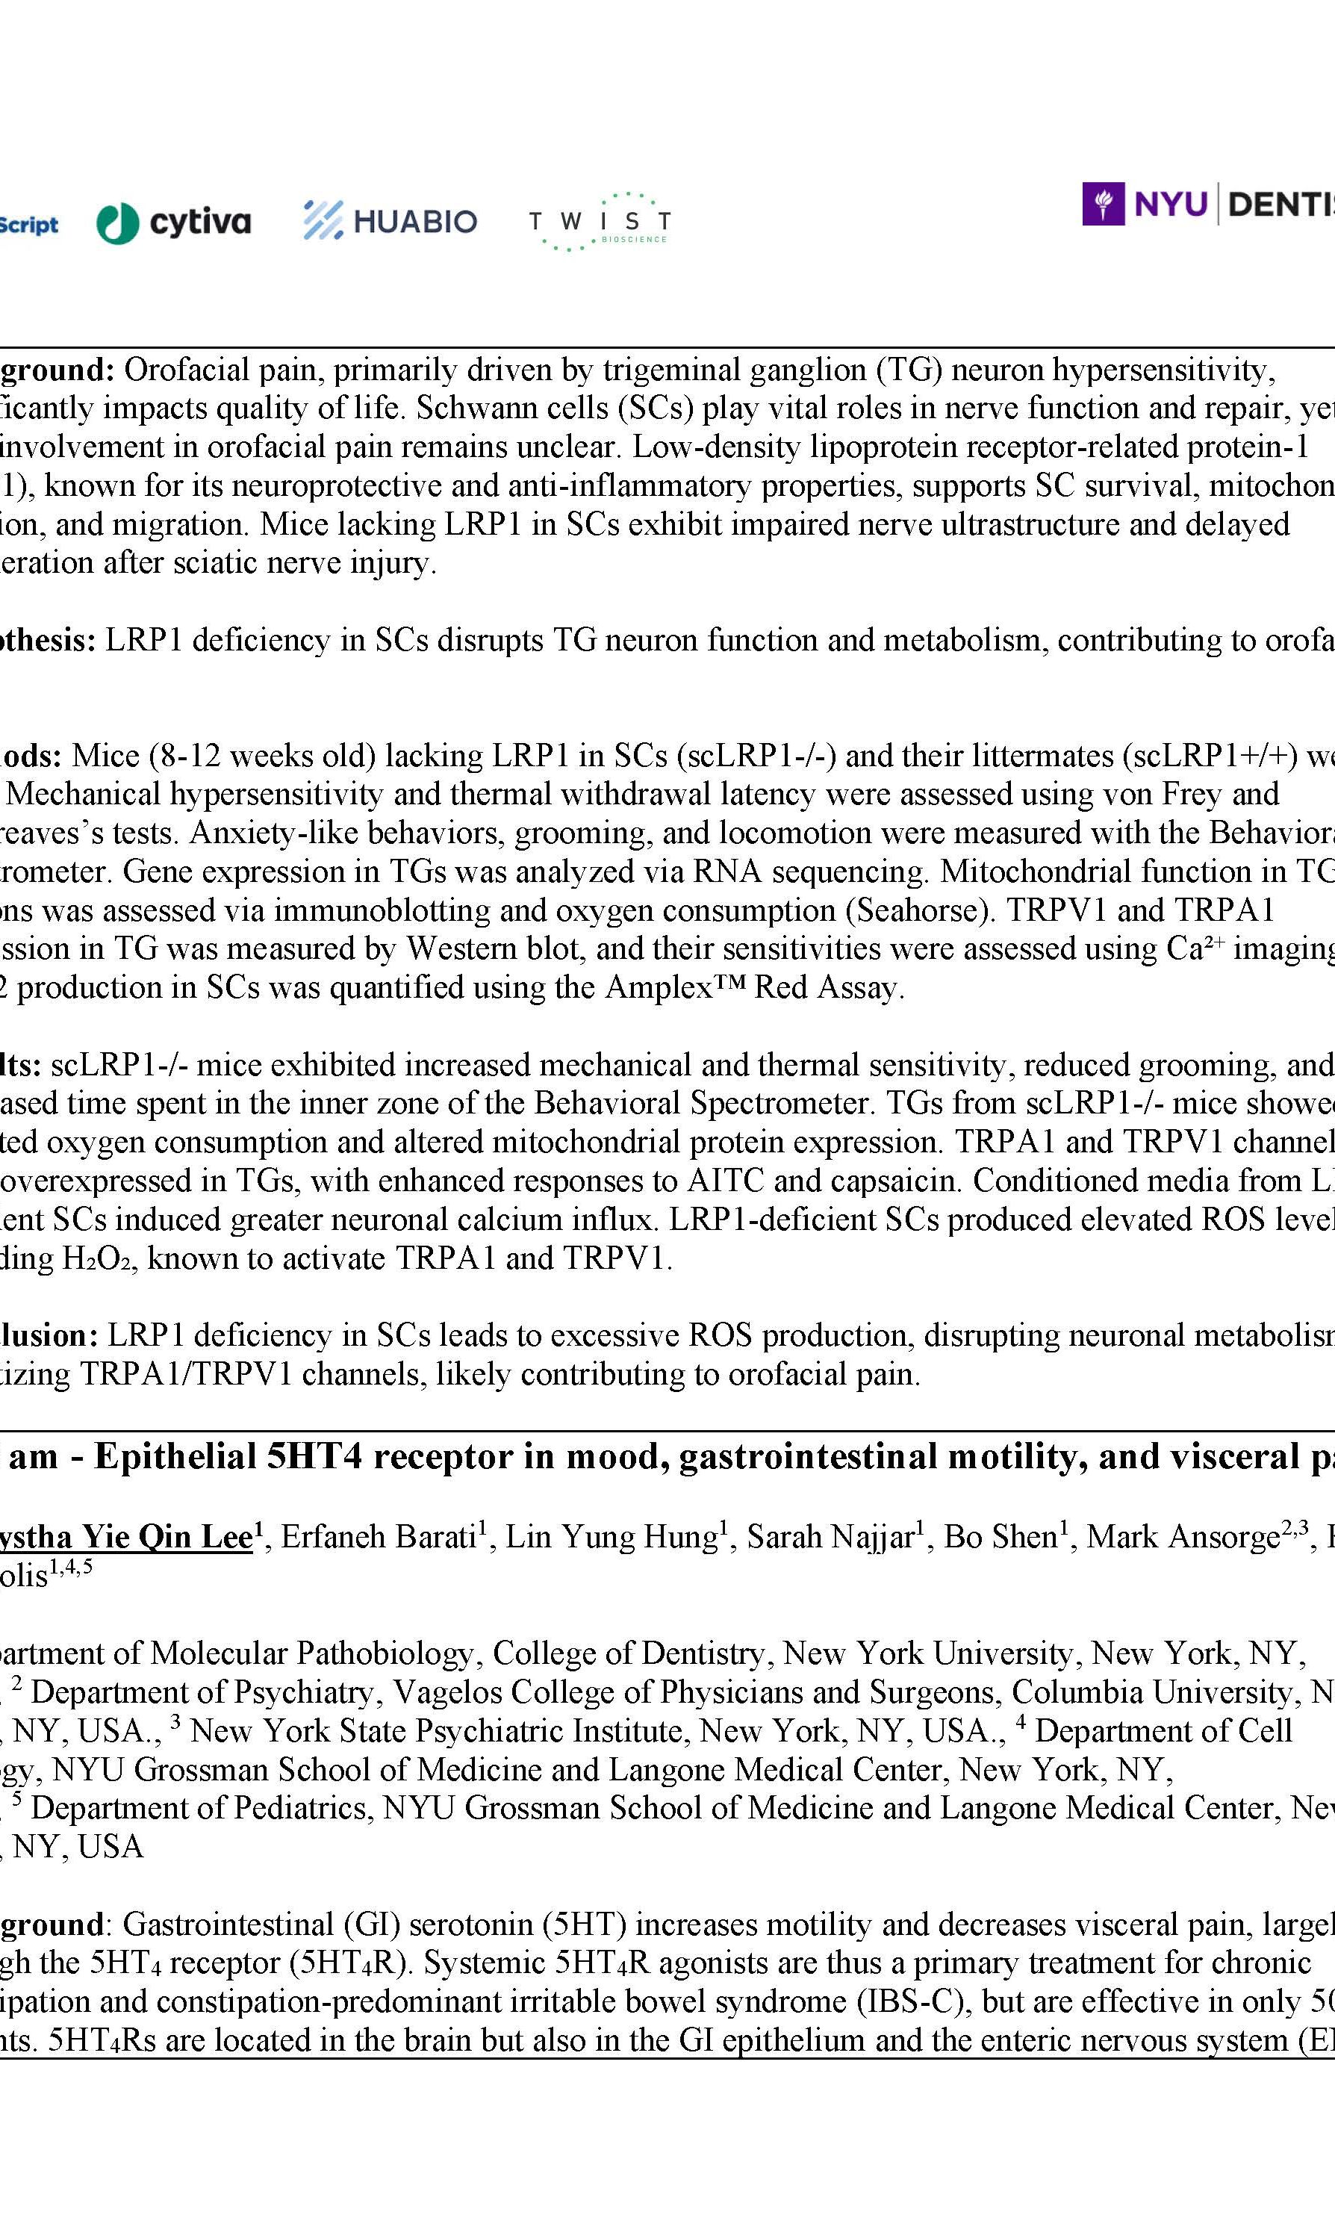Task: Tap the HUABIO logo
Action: click(390, 220)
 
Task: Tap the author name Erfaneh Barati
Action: click(378, 1537)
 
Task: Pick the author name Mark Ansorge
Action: click(1183, 1537)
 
